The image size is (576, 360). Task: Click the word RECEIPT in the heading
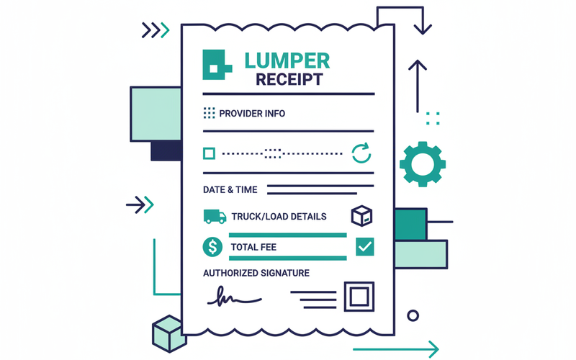[x=289, y=79]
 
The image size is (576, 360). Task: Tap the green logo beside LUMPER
[x=217, y=65]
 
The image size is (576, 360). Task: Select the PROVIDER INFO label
[x=252, y=114]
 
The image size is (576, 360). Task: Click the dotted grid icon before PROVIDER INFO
[x=210, y=113]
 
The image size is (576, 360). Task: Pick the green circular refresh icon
[x=361, y=153]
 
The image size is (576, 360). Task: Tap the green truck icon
[x=213, y=216]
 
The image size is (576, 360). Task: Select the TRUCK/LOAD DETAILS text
[x=279, y=217]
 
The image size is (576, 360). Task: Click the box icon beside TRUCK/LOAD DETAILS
[x=361, y=215]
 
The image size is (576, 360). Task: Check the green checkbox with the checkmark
[x=365, y=247]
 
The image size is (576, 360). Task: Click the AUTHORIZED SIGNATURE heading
[x=256, y=273]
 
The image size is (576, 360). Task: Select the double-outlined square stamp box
[x=359, y=296]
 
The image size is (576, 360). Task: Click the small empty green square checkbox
[x=209, y=153]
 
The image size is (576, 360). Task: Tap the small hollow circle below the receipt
[x=413, y=315]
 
